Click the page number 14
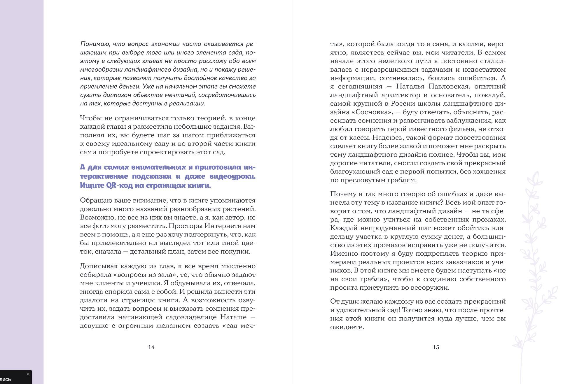pyautogui.click(x=151, y=347)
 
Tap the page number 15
pyautogui.click(x=436, y=347)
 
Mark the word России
pyautogui.click(x=403, y=104)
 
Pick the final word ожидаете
pyautogui.click(x=347, y=327)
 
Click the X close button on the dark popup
pyautogui.click(x=28, y=374)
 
